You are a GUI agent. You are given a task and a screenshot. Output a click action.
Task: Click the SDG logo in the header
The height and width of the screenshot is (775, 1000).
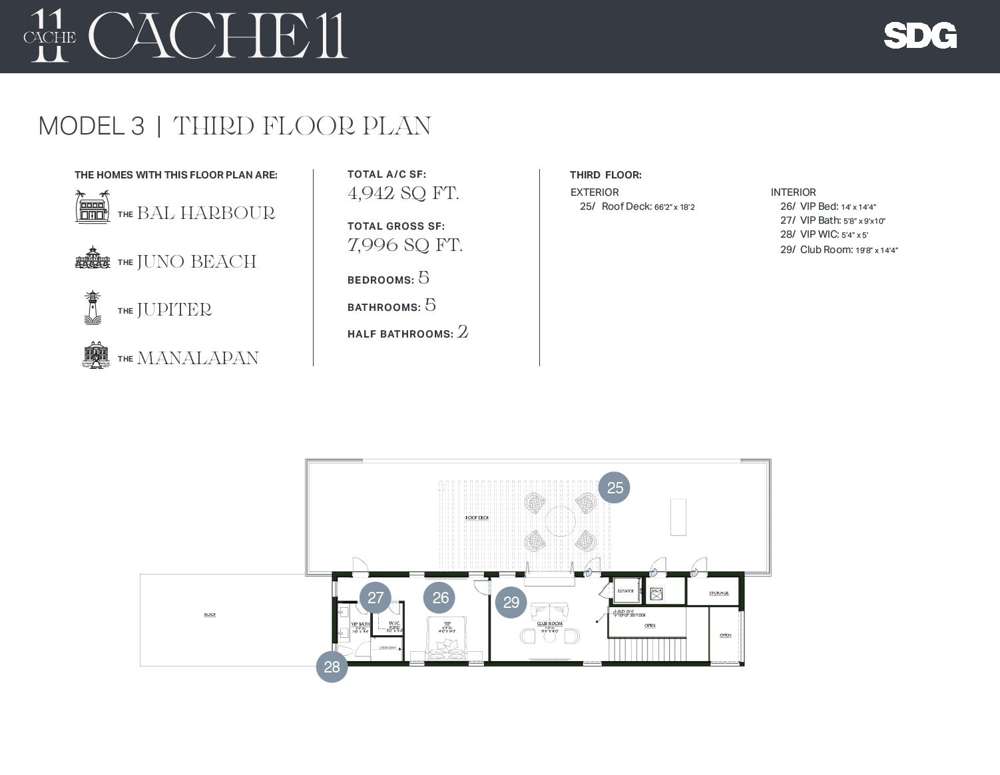(919, 35)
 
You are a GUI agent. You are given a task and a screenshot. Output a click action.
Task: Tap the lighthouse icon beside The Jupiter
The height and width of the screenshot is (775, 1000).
(92, 307)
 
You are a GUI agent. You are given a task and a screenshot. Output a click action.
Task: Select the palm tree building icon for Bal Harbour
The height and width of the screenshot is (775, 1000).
(92, 206)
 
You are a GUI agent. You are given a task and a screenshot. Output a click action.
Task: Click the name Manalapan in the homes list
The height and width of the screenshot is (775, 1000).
(197, 358)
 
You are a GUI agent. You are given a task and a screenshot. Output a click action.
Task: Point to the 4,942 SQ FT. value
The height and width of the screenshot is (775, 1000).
(403, 193)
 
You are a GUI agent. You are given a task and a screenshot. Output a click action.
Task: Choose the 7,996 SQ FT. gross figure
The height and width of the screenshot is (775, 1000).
(405, 245)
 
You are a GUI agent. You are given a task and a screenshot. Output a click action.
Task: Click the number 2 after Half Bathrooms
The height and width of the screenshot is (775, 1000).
(463, 332)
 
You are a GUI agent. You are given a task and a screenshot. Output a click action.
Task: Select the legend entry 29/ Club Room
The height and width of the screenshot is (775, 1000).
(838, 250)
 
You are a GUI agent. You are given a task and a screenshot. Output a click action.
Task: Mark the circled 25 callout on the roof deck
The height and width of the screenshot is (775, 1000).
(614, 487)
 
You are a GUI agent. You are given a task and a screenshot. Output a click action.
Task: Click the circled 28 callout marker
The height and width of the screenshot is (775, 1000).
(332, 666)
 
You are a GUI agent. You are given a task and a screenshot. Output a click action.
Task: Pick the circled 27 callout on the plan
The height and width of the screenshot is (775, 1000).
(375, 597)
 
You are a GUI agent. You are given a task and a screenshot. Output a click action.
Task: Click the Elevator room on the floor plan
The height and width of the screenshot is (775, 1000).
(625, 591)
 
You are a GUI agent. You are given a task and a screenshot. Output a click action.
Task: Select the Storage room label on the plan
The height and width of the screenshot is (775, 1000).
(718, 593)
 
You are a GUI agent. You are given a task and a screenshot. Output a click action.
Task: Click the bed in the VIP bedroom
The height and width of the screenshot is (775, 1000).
(446, 640)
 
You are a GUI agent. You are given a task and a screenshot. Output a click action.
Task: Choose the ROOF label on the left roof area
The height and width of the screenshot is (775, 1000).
(210, 615)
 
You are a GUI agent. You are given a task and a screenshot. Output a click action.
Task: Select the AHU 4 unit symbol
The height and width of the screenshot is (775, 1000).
(656, 592)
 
